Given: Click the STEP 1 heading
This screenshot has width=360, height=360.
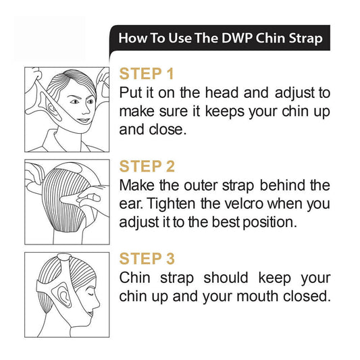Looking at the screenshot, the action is coord(147,74).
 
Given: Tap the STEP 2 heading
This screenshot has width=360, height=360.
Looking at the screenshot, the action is coord(147,166).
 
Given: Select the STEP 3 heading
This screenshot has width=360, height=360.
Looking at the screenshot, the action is coord(147,259).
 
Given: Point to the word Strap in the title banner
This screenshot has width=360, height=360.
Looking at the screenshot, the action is coord(305,38).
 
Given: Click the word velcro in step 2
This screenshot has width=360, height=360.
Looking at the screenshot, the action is coord(243,203).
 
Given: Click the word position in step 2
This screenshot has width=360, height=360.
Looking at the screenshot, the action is coord(267,222).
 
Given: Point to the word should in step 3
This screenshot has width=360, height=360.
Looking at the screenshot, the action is coord(226,278).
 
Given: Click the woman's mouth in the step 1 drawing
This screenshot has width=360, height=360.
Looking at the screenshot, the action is coord(83,120).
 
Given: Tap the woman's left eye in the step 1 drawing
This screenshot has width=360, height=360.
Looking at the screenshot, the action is coord(90,101).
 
